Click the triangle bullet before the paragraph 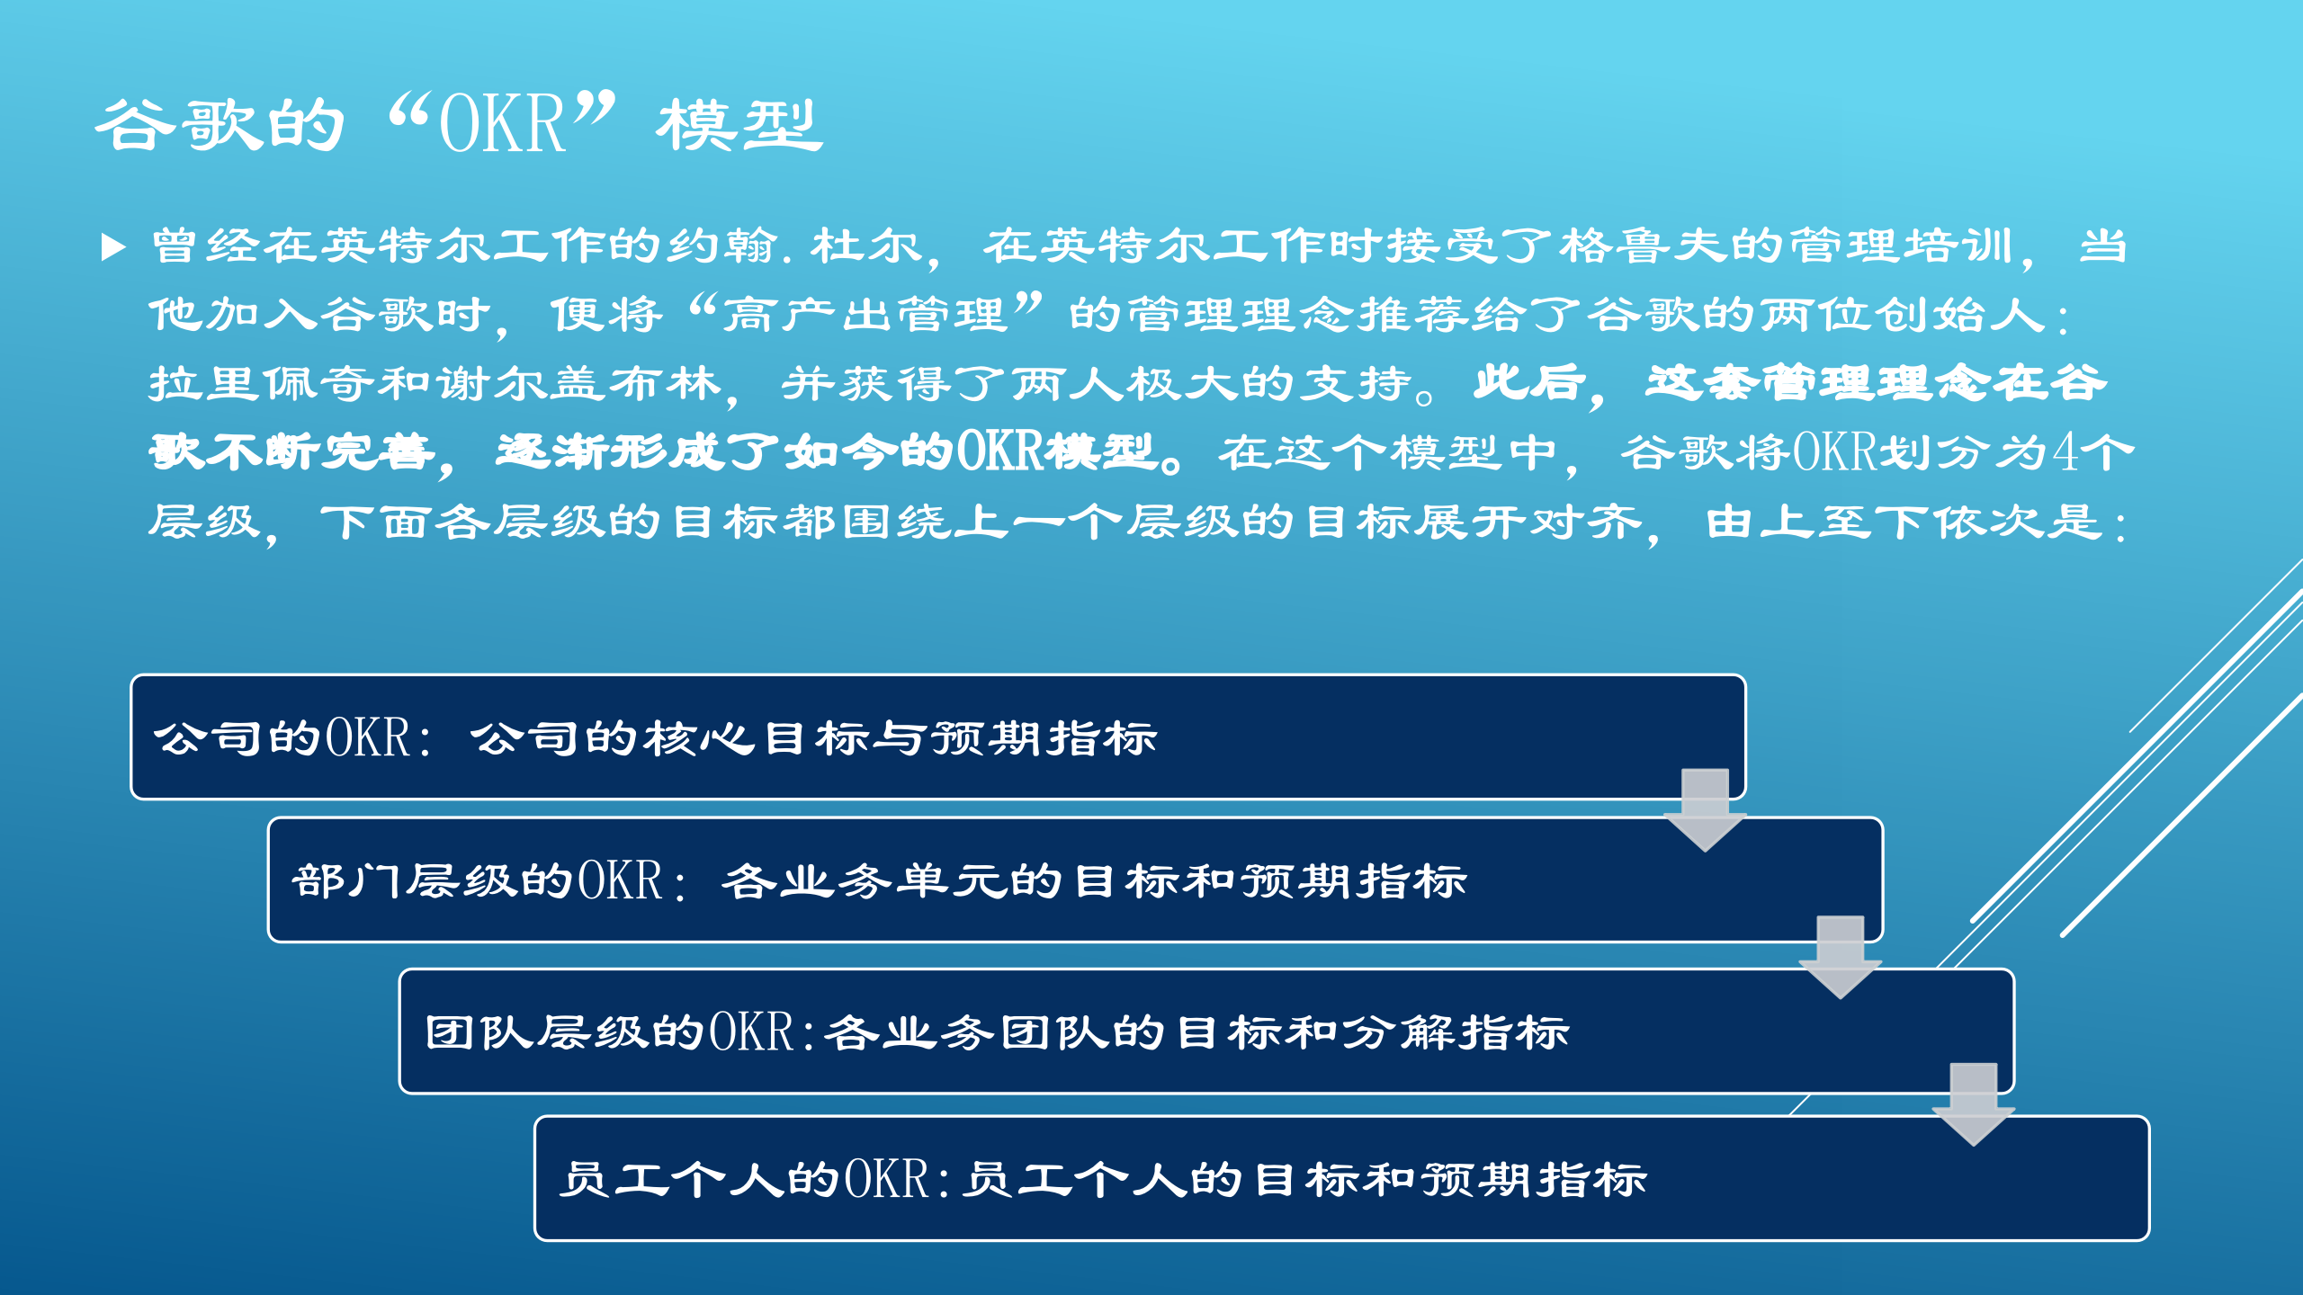pyautogui.click(x=113, y=246)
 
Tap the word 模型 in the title pyautogui.click(x=739, y=126)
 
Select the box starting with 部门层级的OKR pyautogui.click(x=1074, y=880)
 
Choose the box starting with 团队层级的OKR pyautogui.click(x=1205, y=1032)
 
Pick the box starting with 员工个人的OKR pyautogui.click(x=1340, y=1179)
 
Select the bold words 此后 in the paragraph pyautogui.click(x=1529, y=383)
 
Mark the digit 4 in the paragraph pyautogui.click(x=2066, y=452)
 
